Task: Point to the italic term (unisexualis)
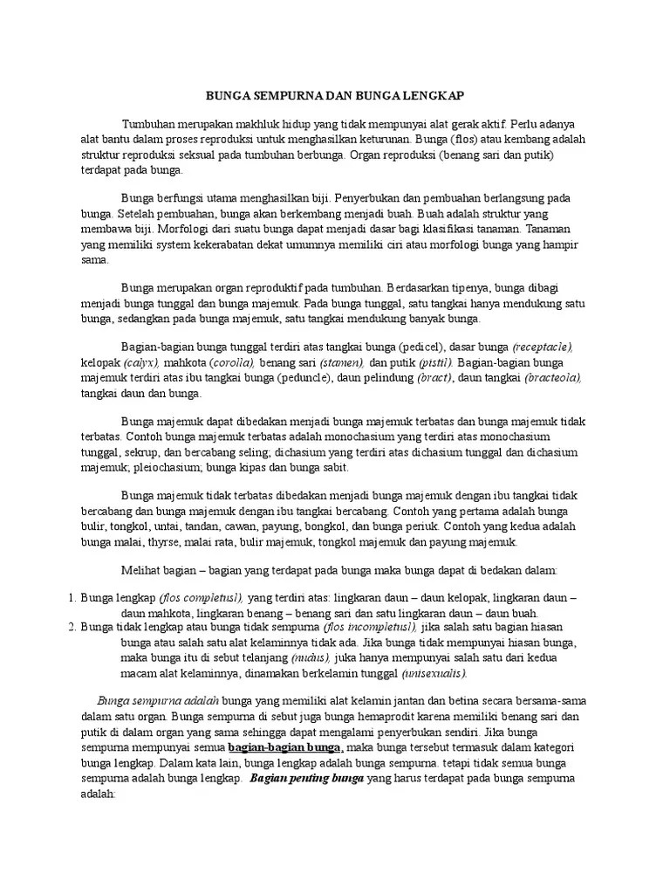(434, 673)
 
